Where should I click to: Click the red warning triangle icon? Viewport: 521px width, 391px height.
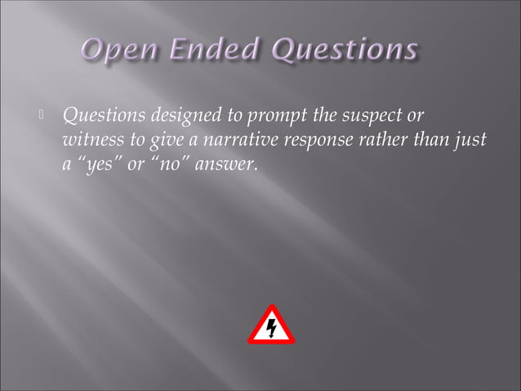click(270, 326)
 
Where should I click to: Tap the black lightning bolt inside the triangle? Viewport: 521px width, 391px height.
click(271, 329)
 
